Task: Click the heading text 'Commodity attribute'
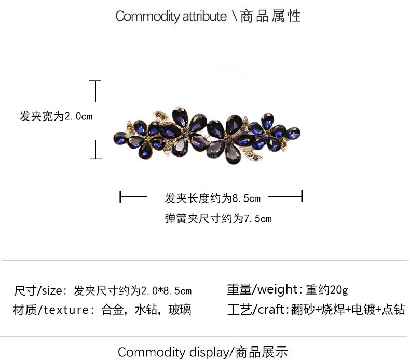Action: tap(171, 16)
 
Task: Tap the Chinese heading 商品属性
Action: tap(270, 16)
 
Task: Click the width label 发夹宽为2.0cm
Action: tap(56, 116)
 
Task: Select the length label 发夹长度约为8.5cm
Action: tap(213, 198)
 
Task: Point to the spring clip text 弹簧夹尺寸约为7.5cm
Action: tap(218, 219)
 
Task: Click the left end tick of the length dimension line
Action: tap(120, 197)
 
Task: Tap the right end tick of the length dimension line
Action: tap(302, 197)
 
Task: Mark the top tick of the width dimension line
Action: tap(95, 81)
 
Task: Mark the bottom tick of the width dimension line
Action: tap(95, 158)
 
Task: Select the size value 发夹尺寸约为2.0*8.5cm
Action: tap(133, 290)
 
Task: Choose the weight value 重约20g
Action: tap(327, 289)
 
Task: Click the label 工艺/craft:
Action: tap(258, 310)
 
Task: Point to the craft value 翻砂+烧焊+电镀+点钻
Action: tap(348, 310)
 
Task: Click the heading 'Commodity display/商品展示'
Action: tap(203, 352)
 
